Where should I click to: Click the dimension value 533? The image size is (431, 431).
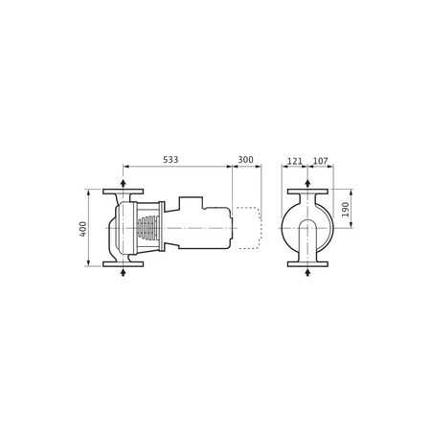(x=170, y=160)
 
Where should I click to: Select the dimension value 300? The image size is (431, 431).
(x=246, y=160)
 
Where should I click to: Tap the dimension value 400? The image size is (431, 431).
(x=82, y=229)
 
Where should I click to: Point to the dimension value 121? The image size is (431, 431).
(x=294, y=161)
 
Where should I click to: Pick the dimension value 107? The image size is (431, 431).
(x=320, y=161)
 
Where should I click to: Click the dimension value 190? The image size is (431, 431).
(x=346, y=209)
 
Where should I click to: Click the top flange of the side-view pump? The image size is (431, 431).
(x=123, y=192)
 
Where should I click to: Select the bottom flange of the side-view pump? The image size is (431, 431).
(x=123, y=264)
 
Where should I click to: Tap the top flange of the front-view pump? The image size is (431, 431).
(x=307, y=192)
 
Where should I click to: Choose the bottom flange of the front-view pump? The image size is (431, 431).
(x=307, y=264)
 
